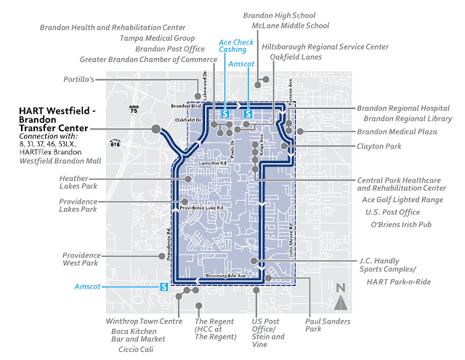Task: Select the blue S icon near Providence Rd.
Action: tap(163, 287)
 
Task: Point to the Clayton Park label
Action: tap(379, 145)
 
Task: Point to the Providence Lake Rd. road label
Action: tap(209, 208)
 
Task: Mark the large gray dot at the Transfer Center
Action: tap(155, 128)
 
